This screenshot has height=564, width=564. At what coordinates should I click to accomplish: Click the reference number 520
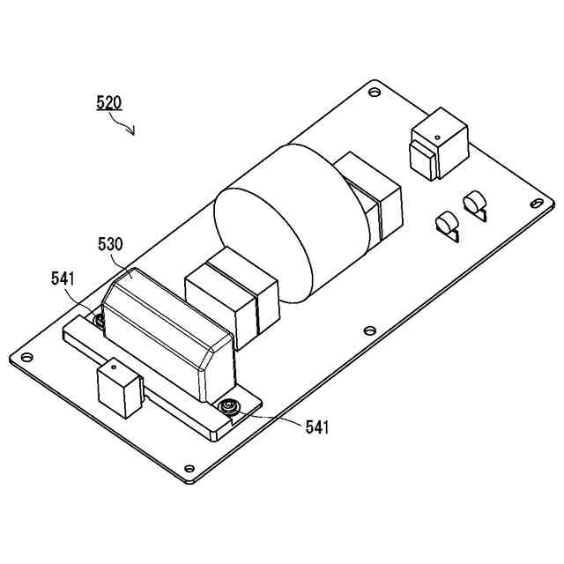pos(108,102)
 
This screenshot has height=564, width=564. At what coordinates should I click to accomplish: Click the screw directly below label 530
pos(100,319)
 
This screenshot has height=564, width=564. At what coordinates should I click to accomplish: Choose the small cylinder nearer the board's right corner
pos(477,205)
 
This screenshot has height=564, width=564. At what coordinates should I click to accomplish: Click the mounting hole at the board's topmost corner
pos(375,91)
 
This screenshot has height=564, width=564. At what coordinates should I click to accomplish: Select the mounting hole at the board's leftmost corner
pos(27,357)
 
